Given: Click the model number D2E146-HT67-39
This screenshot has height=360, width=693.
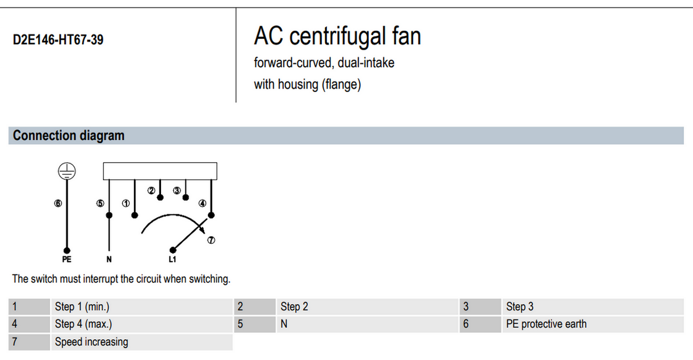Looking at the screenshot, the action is click(58, 39).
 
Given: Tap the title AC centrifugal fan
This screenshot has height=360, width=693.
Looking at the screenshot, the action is click(337, 36).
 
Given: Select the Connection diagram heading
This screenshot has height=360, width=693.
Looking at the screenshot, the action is click(68, 135).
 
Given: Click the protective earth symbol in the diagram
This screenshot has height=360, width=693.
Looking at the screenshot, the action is click(67, 171).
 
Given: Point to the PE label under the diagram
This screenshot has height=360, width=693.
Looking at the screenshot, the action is click(67, 259).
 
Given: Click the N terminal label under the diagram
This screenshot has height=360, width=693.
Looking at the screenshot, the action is click(109, 259).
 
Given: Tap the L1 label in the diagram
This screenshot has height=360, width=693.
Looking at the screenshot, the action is click(172, 259).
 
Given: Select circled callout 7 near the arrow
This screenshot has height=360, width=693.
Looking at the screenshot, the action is click(211, 240).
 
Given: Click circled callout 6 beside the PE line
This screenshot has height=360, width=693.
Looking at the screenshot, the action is click(58, 203).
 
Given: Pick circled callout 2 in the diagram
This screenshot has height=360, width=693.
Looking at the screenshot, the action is click(151, 190).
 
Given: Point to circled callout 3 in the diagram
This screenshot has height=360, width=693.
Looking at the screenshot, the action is click(176, 190).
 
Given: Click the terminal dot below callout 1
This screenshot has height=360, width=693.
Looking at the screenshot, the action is click(134, 215).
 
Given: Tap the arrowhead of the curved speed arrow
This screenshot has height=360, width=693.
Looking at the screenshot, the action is click(202, 230).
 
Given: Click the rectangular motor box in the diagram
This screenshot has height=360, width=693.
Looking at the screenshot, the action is click(160, 171).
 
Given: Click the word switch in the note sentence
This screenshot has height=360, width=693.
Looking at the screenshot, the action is click(44, 279).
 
